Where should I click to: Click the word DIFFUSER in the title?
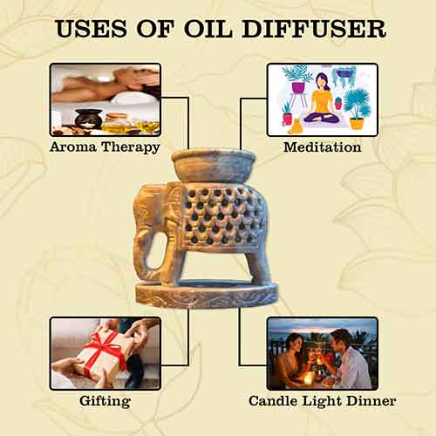click(314, 29)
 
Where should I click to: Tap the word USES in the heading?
click(92, 29)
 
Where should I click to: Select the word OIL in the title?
click(208, 29)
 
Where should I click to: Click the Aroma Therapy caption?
click(105, 146)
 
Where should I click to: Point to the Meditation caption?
click(323, 146)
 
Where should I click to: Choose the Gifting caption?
click(105, 401)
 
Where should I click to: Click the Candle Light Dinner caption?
click(323, 401)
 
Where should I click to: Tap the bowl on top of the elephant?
click(214, 166)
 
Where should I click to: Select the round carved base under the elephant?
click(207, 295)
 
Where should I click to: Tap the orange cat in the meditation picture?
click(296, 126)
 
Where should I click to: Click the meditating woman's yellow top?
click(322, 102)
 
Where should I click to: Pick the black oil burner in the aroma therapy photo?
click(88, 119)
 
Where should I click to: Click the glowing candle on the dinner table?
click(307, 378)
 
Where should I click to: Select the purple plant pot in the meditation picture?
click(297, 87)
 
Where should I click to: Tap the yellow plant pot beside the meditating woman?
click(357, 124)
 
